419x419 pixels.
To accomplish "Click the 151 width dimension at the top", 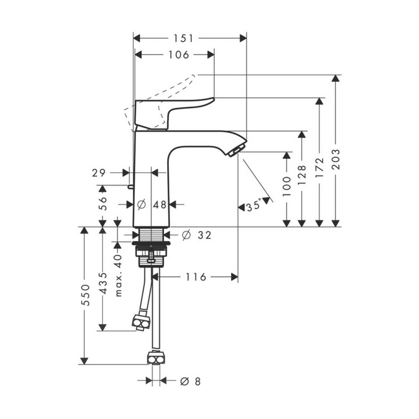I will point(183,38).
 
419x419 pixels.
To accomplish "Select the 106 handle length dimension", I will point(179,55).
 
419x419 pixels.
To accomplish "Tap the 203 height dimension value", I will point(336,159).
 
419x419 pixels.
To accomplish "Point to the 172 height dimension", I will point(320,168).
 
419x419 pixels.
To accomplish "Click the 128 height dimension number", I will point(302,174).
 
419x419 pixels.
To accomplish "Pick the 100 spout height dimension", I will point(287,186).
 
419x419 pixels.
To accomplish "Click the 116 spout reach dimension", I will point(196,277).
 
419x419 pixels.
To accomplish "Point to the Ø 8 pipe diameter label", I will point(190,382).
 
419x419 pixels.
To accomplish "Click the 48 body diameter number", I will point(160,205).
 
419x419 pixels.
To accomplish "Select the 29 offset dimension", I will point(99,173).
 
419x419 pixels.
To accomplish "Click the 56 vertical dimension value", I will point(103,204).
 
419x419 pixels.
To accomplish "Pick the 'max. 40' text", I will point(119,275).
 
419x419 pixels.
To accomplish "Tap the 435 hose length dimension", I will point(103,283).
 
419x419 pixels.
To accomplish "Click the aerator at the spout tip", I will point(236,151).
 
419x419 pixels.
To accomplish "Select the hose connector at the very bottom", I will point(156,358).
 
